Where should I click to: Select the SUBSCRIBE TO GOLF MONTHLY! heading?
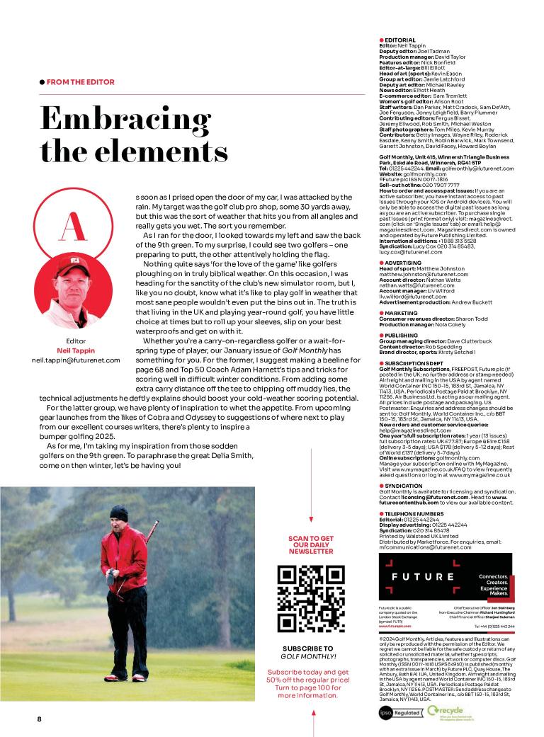(x=307, y=652)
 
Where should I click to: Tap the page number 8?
(x=40, y=719)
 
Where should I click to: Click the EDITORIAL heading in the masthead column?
(x=400, y=40)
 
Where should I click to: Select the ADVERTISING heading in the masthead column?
(x=404, y=263)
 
